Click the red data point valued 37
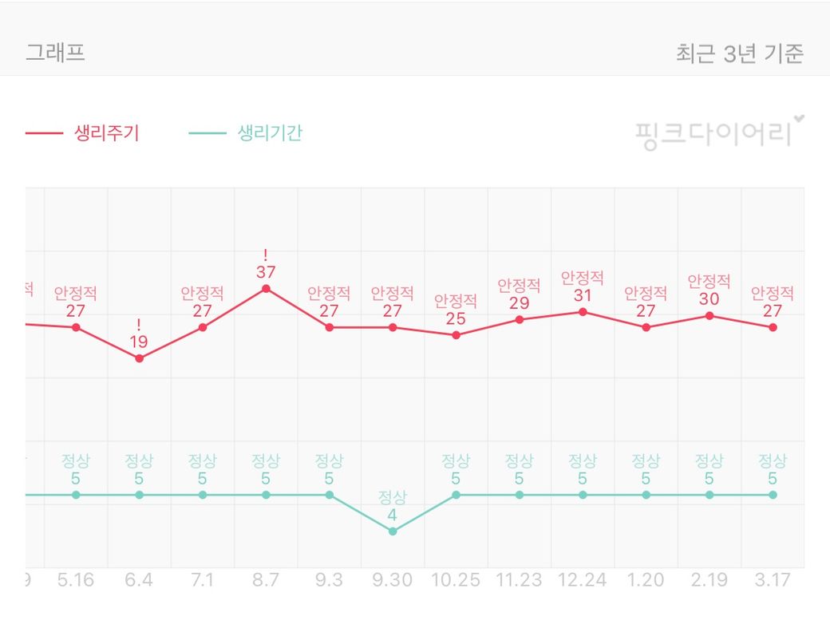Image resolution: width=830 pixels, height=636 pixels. coord(266,289)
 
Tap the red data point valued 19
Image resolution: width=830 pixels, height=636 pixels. coord(139,358)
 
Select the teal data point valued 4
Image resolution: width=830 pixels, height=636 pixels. coord(393,531)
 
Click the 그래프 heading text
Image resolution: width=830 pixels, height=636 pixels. coord(56,53)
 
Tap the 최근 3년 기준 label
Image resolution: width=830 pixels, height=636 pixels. coord(739,53)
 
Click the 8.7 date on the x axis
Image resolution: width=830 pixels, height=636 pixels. coord(266,579)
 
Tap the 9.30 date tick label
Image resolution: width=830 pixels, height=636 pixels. coord(393,579)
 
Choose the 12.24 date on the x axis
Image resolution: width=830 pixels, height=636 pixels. coord(583,579)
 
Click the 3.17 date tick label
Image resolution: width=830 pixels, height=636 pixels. coord(773,579)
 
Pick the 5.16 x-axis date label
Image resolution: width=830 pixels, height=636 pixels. coord(76,579)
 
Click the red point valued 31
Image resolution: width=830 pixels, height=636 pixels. coord(583,312)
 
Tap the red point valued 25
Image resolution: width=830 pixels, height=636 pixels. coord(456,335)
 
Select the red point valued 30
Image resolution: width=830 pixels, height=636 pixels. coord(709,316)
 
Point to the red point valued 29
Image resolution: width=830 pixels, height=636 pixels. coord(520,319)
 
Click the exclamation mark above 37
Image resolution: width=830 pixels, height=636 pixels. coord(266,255)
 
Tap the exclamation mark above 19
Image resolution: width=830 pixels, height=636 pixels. coord(139,325)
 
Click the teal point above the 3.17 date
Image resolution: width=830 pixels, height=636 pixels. coord(773,495)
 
